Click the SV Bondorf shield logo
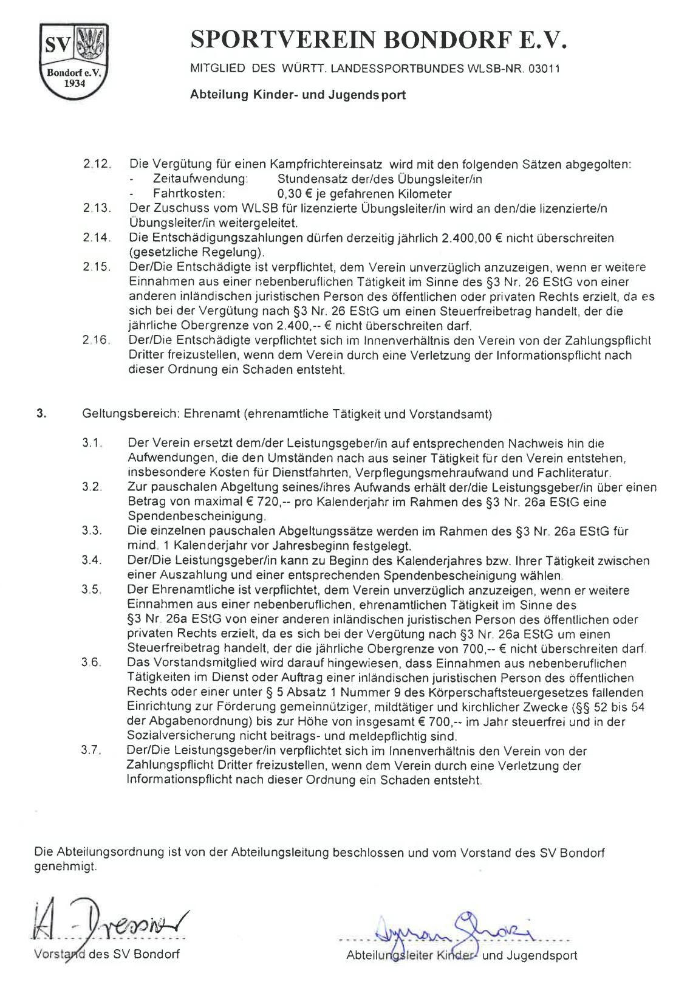click(x=73, y=61)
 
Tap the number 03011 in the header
click(x=544, y=69)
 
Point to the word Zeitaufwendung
click(x=201, y=179)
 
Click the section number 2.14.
click(x=97, y=238)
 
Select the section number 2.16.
click(x=96, y=340)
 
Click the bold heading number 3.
click(x=41, y=414)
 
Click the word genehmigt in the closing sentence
click(x=65, y=867)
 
